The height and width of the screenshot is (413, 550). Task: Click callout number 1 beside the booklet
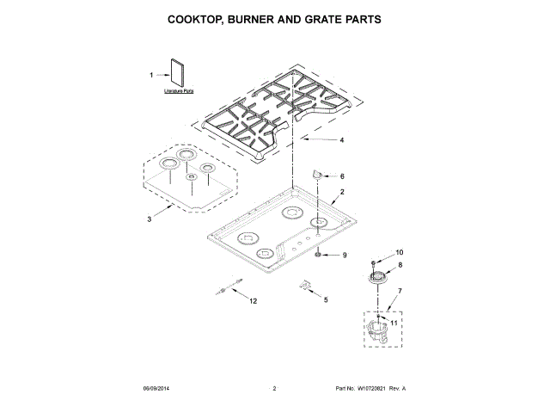click(151, 75)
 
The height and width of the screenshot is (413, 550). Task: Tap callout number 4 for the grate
click(341, 140)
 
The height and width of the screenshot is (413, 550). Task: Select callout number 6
click(341, 176)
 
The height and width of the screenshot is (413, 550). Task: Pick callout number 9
click(345, 256)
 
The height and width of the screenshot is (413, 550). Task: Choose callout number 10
click(398, 252)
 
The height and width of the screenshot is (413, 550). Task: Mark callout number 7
click(398, 293)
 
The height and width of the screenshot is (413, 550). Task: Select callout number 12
click(254, 301)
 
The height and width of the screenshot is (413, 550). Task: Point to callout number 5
click(326, 299)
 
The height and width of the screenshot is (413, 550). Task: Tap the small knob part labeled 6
click(317, 174)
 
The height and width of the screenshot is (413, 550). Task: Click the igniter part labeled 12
click(228, 290)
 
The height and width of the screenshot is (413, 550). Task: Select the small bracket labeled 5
click(303, 286)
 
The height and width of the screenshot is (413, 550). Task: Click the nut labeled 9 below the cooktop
click(319, 256)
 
